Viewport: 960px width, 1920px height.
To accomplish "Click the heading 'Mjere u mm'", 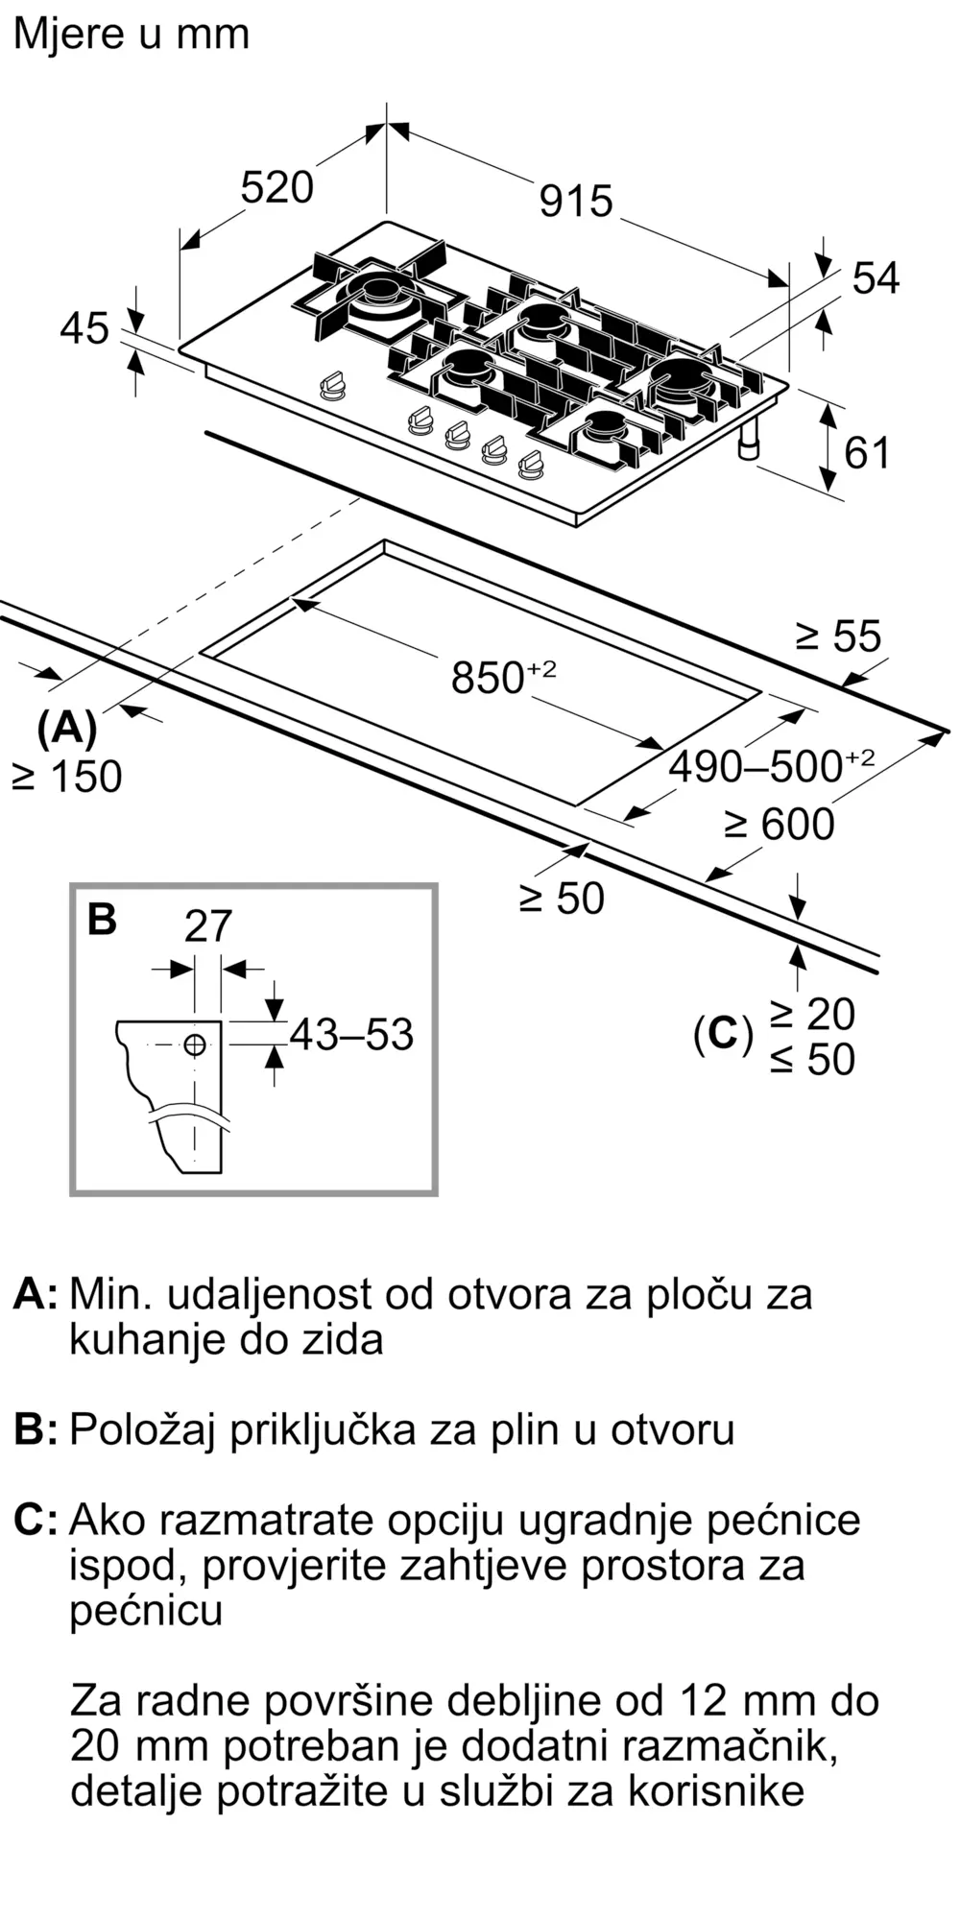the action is (x=132, y=35).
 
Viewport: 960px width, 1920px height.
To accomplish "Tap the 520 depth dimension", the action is (x=276, y=187).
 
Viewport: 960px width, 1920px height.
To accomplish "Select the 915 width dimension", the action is (x=576, y=201).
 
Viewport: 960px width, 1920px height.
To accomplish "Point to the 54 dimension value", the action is (x=876, y=278).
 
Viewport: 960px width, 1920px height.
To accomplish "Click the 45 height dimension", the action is (x=84, y=329).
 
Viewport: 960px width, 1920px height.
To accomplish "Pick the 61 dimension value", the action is (x=867, y=453).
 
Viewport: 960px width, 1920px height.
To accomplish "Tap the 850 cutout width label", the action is (x=504, y=677).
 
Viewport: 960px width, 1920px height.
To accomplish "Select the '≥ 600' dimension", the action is (x=779, y=825).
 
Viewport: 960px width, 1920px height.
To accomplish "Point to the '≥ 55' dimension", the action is (x=838, y=636).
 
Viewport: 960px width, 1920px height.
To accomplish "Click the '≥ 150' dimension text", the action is (x=67, y=777).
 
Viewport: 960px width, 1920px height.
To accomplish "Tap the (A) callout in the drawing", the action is (x=67, y=729).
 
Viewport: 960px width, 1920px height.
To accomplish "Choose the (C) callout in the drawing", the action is (x=723, y=1034).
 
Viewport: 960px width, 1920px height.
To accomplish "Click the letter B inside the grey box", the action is (x=102, y=919).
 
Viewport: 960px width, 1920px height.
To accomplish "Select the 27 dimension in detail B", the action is (x=208, y=926).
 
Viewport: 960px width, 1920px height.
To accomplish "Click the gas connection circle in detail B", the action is (x=195, y=1044).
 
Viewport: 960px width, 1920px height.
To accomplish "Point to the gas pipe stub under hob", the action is (x=749, y=439).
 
